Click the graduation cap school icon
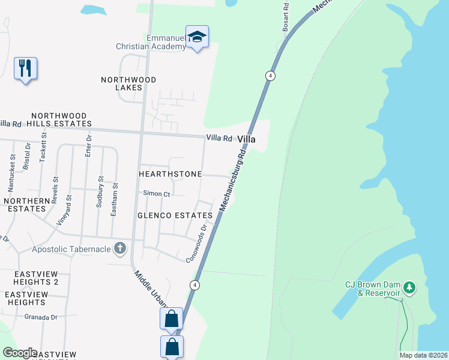[197, 37]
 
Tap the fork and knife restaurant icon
[25, 68]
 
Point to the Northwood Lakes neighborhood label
[128, 83]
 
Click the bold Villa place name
[246, 139]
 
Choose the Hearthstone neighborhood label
[170, 173]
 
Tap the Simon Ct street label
[157, 194]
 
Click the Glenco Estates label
[175, 215]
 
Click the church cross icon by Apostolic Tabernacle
[120, 247]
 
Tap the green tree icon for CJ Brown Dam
[410, 288]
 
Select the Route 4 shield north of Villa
[271, 76]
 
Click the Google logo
[20, 353]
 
